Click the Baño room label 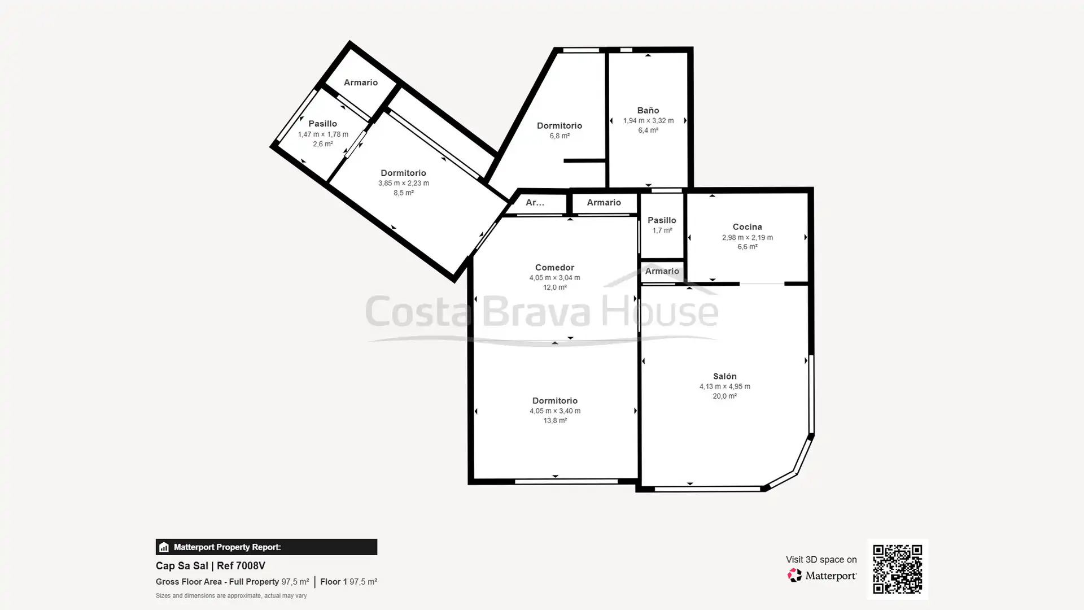coord(648,110)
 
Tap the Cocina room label coord(747,227)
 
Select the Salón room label coord(724,376)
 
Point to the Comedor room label coord(554,268)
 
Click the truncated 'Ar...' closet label coord(535,202)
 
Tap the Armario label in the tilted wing coord(361,82)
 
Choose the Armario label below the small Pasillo coord(662,271)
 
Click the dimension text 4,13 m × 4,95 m coord(724,386)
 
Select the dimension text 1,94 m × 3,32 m coord(648,121)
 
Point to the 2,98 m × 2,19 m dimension coord(747,238)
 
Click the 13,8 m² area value coord(554,421)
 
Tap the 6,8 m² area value coord(560,136)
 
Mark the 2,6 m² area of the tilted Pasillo coord(323,144)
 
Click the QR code coord(897,569)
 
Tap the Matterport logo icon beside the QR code coord(794,576)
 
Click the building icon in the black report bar coord(164,547)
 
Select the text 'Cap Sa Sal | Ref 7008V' coord(210,566)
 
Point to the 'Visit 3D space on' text coord(821,560)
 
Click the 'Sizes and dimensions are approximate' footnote coord(231,596)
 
